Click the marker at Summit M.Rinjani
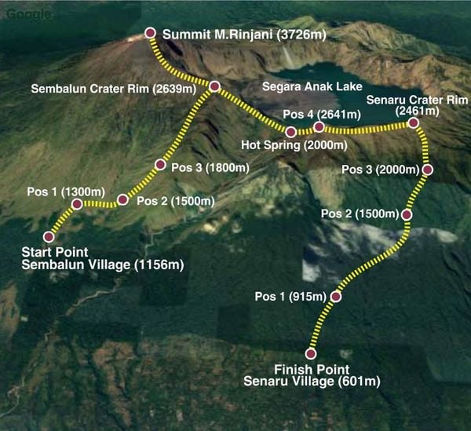151,33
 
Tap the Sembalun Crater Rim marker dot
214,86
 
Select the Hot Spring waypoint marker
290,131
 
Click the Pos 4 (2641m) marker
318,126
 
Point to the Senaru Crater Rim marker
413,122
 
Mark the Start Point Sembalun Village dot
49,236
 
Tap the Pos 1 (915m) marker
336,297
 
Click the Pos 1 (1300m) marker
76,204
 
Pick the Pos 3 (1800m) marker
160,165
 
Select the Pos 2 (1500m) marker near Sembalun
122,199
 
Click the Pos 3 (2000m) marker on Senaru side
428,169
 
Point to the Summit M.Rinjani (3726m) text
244,35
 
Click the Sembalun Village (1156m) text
103,265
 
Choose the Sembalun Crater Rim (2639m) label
113,89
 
